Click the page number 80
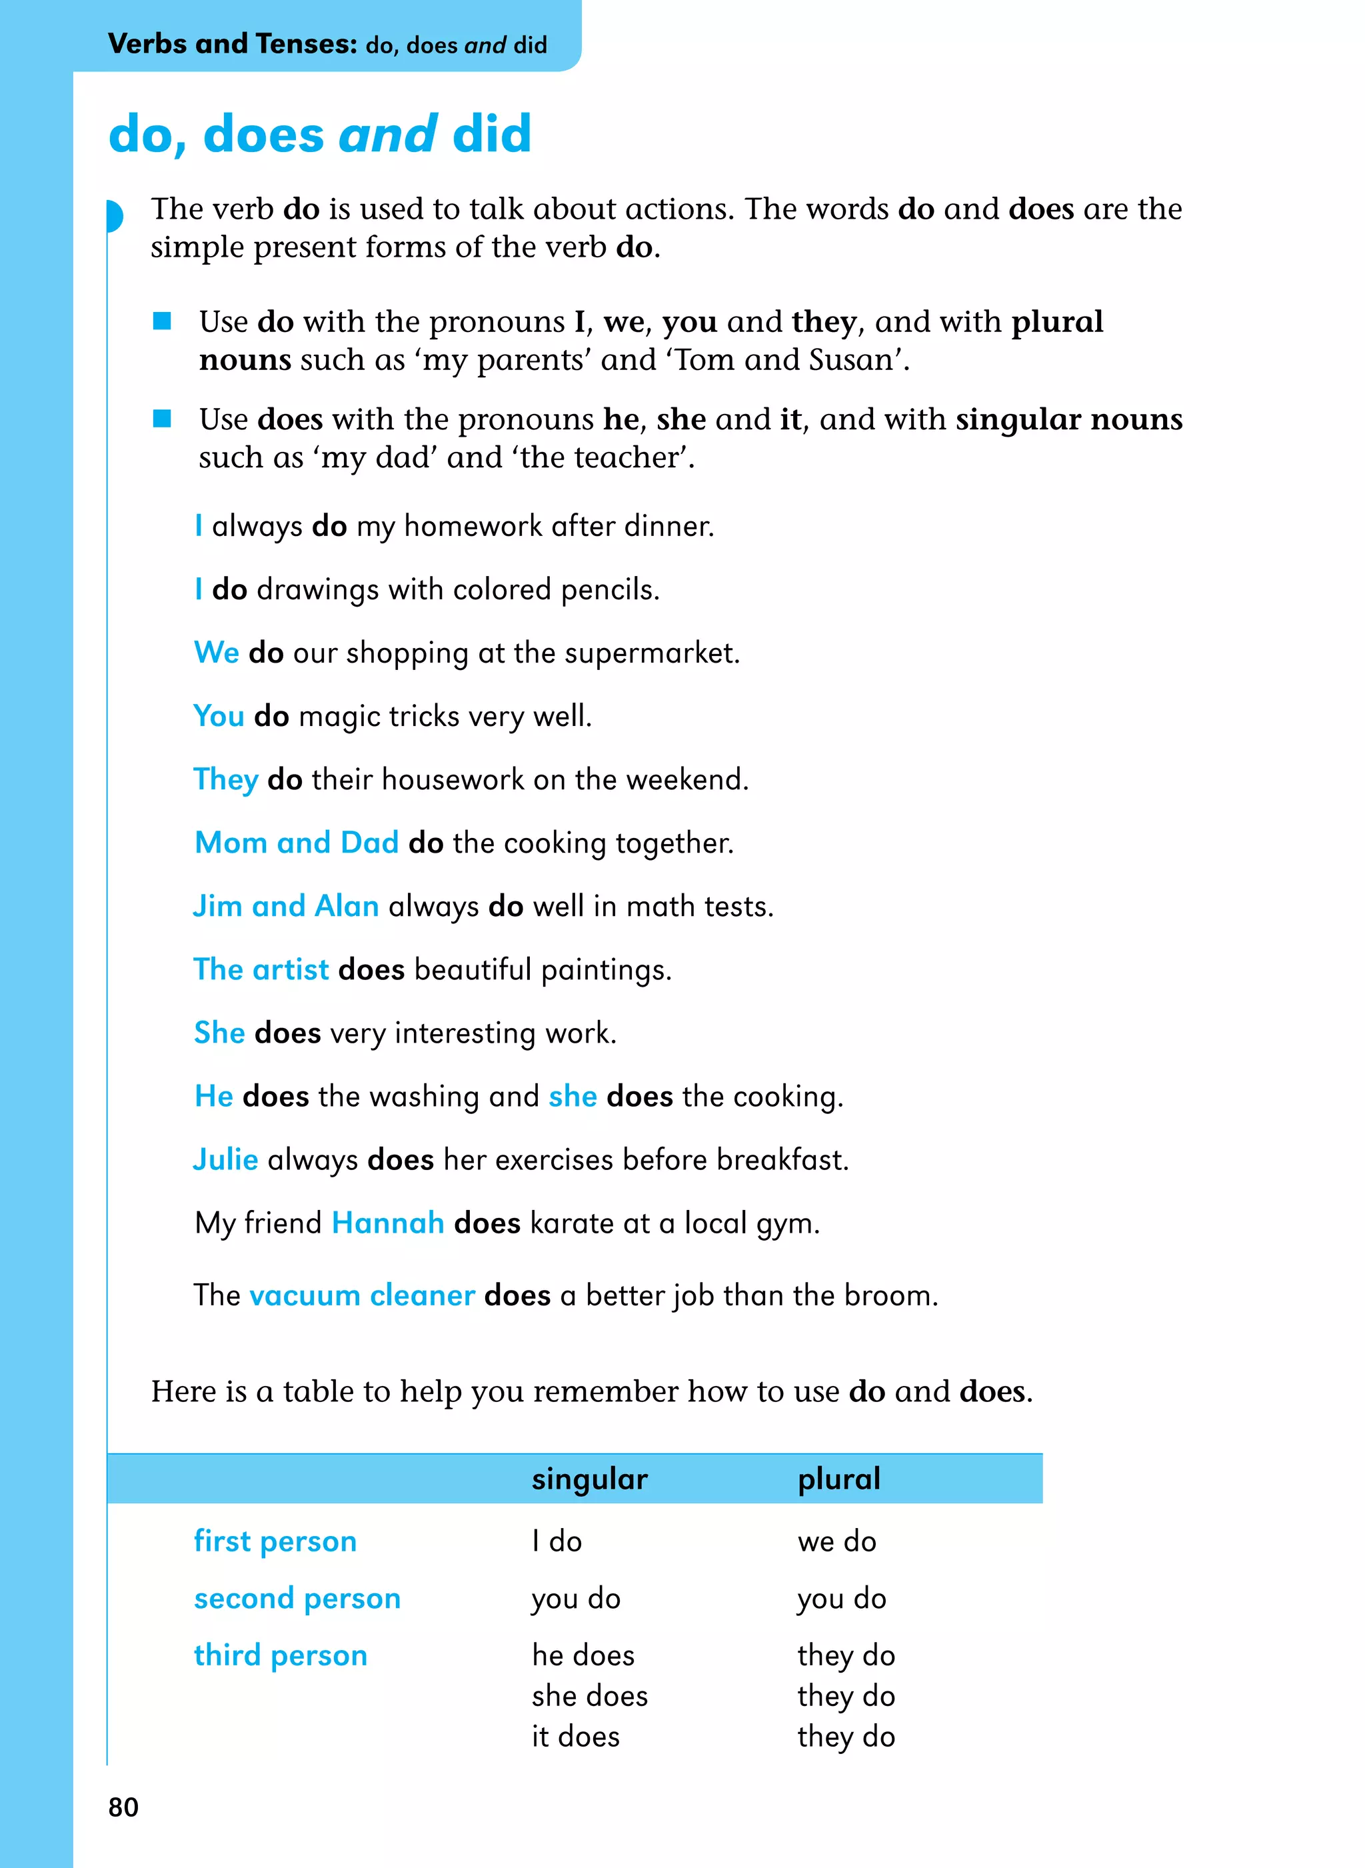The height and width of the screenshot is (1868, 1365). (x=123, y=1807)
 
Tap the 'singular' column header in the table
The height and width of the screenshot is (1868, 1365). (x=589, y=1479)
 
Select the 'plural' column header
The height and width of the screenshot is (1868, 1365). (x=838, y=1479)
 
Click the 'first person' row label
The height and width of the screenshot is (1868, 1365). (x=275, y=1541)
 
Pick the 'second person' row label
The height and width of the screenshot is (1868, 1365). (x=297, y=1599)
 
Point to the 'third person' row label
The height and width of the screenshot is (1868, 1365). (x=280, y=1655)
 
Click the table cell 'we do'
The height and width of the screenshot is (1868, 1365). (x=836, y=1541)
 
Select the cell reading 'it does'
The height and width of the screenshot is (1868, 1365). (x=575, y=1737)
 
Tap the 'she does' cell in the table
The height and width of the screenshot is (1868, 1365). (x=589, y=1696)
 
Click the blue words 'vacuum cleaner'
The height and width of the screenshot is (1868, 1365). (x=362, y=1295)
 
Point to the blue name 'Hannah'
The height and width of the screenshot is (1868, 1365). (x=387, y=1223)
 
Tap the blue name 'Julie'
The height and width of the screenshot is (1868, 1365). (x=225, y=1159)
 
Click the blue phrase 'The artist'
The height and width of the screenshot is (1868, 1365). (x=261, y=969)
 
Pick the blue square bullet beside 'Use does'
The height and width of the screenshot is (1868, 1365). (x=162, y=419)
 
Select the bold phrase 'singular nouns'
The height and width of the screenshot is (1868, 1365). (x=1068, y=420)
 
